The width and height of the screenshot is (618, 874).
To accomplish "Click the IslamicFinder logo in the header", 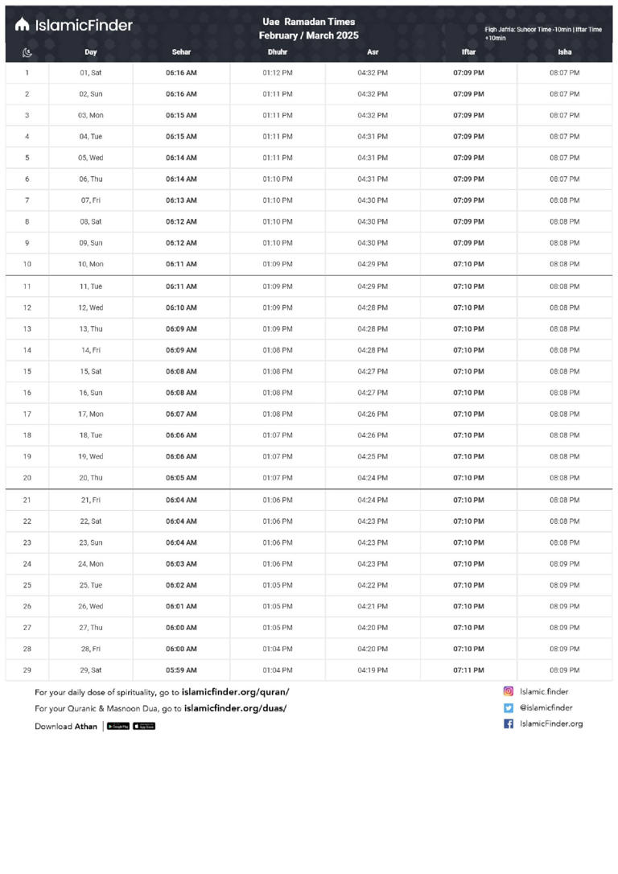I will click(73, 25).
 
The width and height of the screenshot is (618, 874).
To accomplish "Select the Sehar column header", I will click(181, 52).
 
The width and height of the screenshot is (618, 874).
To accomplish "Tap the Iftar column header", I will click(468, 52).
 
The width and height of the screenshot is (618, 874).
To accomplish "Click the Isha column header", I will click(564, 52).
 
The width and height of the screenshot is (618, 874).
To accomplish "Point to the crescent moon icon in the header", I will click(27, 53).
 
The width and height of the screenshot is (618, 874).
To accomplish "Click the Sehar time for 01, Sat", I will click(181, 72).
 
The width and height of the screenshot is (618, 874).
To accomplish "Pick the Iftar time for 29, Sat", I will click(468, 670).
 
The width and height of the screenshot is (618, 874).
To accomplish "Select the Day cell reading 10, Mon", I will click(91, 264).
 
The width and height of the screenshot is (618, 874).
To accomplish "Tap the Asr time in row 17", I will click(373, 414).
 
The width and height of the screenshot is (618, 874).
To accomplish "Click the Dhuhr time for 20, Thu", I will click(278, 477).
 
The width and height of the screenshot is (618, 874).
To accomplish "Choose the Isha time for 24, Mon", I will click(564, 563).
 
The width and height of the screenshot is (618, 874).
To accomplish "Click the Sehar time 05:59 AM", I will click(181, 670).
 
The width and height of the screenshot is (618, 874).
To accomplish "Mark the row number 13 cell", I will click(27, 328).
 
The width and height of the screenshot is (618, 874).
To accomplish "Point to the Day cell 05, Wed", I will click(91, 158).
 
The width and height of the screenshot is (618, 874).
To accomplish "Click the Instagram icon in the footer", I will click(509, 691).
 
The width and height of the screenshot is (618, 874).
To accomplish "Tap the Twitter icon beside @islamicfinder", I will click(509, 707).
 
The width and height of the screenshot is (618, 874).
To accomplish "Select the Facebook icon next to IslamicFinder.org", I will click(509, 724).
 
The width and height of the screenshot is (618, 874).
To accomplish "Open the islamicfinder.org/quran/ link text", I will click(235, 691).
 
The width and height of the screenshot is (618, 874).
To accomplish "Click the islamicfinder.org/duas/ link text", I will click(235, 708).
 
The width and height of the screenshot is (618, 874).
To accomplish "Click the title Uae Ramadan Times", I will click(308, 22).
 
